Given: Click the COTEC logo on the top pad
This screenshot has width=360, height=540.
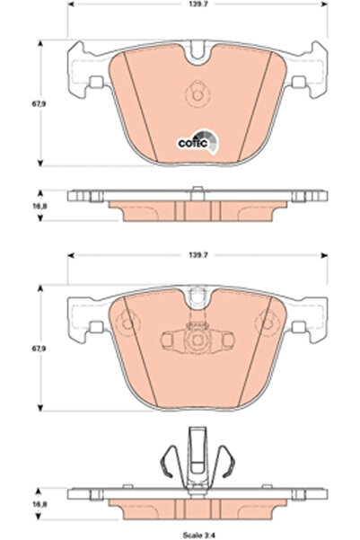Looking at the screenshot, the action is coord(198,142).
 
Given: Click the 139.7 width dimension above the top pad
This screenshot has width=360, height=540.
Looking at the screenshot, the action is coord(198,4).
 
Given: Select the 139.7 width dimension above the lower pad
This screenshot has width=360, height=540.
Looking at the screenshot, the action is coord(198,255).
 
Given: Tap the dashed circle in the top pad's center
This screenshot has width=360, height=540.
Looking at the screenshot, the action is coord(198,93).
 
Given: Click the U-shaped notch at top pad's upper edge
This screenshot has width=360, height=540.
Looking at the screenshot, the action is coord(198,51).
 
